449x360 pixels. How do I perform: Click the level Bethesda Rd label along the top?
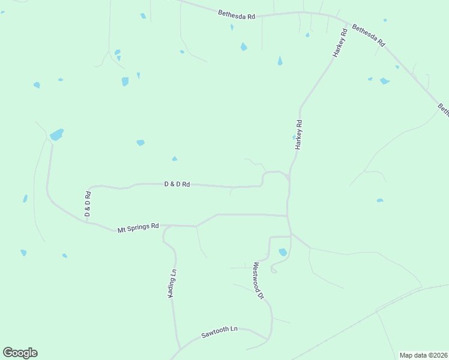click(237, 14)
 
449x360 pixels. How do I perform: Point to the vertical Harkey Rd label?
click(299, 135)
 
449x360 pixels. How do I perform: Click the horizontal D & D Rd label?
click(177, 184)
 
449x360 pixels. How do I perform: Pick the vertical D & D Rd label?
click(88, 204)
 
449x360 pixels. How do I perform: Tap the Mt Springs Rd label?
click(138, 227)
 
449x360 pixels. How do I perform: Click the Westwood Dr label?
click(259, 280)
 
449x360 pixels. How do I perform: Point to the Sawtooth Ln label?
click(220, 330)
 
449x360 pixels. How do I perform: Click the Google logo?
click(20, 353)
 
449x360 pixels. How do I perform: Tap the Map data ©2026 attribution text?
click(423, 355)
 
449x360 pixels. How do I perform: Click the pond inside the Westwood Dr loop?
click(283, 252)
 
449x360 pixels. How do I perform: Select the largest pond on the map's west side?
click(56, 134)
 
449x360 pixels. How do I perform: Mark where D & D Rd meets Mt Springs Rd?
click(87, 221)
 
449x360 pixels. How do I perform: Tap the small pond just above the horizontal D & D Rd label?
click(175, 159)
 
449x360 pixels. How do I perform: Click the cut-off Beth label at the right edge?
click(443, 109)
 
